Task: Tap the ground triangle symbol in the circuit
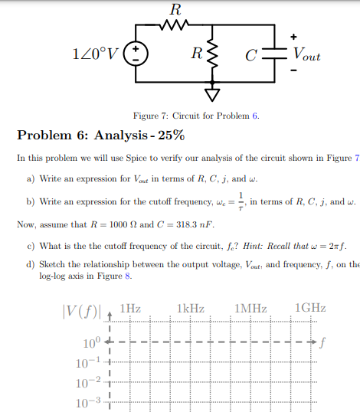pyautogui.click(x=211, y=94)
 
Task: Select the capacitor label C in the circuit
pyautogui.click(x=250, y=56)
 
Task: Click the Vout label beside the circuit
pyautogui.click(x=306, y=55)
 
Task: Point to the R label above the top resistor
pyautogui.click(x=175, y=10)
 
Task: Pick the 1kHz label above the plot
pyautogui.click(x=190, y=308)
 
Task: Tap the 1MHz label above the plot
pyautogui.click(x=251, y=308)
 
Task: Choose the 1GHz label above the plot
pyautogui.click(x=310, y=308)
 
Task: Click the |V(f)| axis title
pyautogui.click(x=83, y=312)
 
